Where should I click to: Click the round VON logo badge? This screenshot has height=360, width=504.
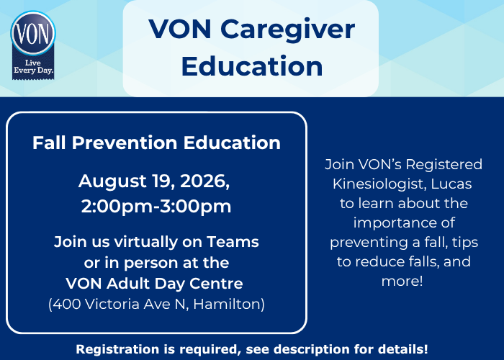coord(33,33)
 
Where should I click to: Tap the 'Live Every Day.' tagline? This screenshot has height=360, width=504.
coord(33,66)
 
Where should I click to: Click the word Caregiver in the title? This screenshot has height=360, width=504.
coord(287,30)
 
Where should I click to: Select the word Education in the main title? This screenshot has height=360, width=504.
coord(252,66)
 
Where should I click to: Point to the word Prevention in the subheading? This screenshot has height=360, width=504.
coord(125,143)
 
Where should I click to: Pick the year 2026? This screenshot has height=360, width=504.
coord(204,181)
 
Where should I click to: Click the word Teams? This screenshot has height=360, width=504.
coord(233,242)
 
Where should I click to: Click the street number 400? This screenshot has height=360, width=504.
coord(66,304)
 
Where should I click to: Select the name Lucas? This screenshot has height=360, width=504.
coord(451,184)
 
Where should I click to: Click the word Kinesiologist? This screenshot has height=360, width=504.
coord(379,184)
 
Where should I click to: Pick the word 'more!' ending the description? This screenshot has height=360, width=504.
coord(402,282)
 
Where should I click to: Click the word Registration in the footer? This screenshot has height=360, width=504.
coord(117,349)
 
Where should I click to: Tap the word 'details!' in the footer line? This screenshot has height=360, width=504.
coord(403,349)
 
